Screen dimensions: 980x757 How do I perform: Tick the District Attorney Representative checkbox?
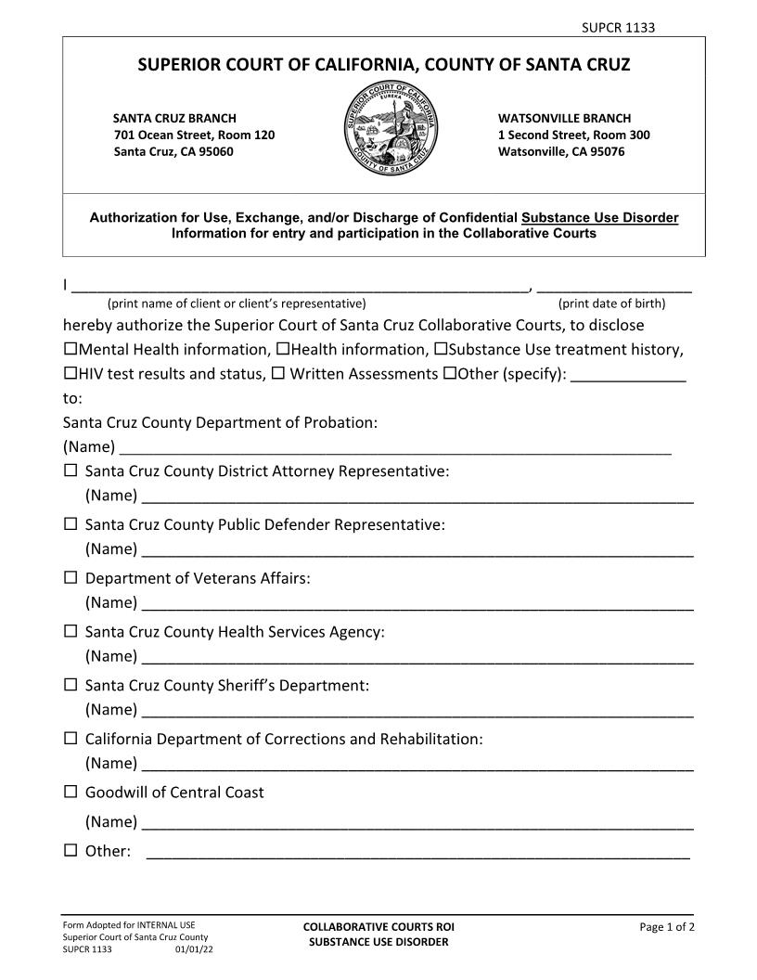point(71,471)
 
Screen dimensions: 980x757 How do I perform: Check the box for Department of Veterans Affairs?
point(71,578)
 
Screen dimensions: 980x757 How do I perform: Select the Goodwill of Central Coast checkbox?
point(71,793)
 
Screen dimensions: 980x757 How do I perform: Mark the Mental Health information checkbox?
point(71,350)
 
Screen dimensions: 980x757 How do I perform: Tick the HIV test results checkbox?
point(71,374)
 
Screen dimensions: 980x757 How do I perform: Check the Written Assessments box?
point(277,374)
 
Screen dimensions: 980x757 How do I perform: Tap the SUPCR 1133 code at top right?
point(618,28)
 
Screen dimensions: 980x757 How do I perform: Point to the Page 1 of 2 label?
point(667,926)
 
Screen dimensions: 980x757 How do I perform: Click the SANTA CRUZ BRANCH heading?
point(174,118)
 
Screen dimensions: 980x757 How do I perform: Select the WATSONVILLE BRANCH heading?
point(564,118)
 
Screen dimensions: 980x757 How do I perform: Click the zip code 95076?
point(607,151)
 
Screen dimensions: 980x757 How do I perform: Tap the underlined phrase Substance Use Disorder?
point(599,218)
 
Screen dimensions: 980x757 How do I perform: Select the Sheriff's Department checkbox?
point(71,686)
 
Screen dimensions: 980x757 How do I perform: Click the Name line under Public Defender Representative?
point(417,550)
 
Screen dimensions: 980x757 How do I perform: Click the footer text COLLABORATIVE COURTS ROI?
point(378,926)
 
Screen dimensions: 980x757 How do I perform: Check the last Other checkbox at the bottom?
point(71,851)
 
